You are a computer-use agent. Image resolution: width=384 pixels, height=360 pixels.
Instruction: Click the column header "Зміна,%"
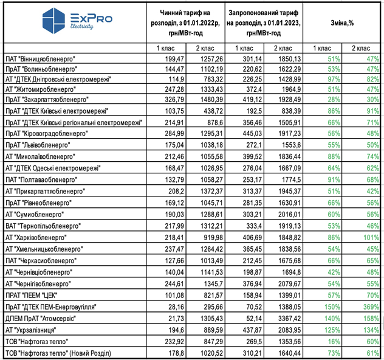point(343,22)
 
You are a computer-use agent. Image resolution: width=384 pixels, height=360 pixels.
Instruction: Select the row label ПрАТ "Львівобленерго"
point(38,147)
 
